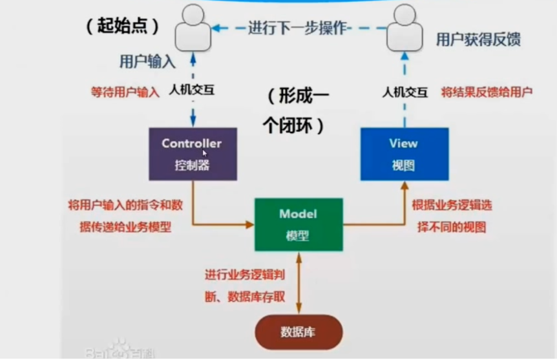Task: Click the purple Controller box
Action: (x=193, y=154)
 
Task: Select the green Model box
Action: (x=298, y=224)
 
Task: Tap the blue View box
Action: (x=404, y=154)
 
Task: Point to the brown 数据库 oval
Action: (x=298, y=332)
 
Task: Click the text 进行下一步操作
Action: (x=299, y=28)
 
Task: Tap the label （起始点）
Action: (x=121, y=26)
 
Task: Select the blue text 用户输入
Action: (x=147, y=61)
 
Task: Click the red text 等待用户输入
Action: (x=125, y=92)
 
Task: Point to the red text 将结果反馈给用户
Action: (x=487, y=92)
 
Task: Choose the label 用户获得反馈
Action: (x=478, y=39)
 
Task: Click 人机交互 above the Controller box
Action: (x=191, y=91)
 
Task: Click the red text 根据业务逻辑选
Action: (x=452, y=207)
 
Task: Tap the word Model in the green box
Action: (x=298, y=214)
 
